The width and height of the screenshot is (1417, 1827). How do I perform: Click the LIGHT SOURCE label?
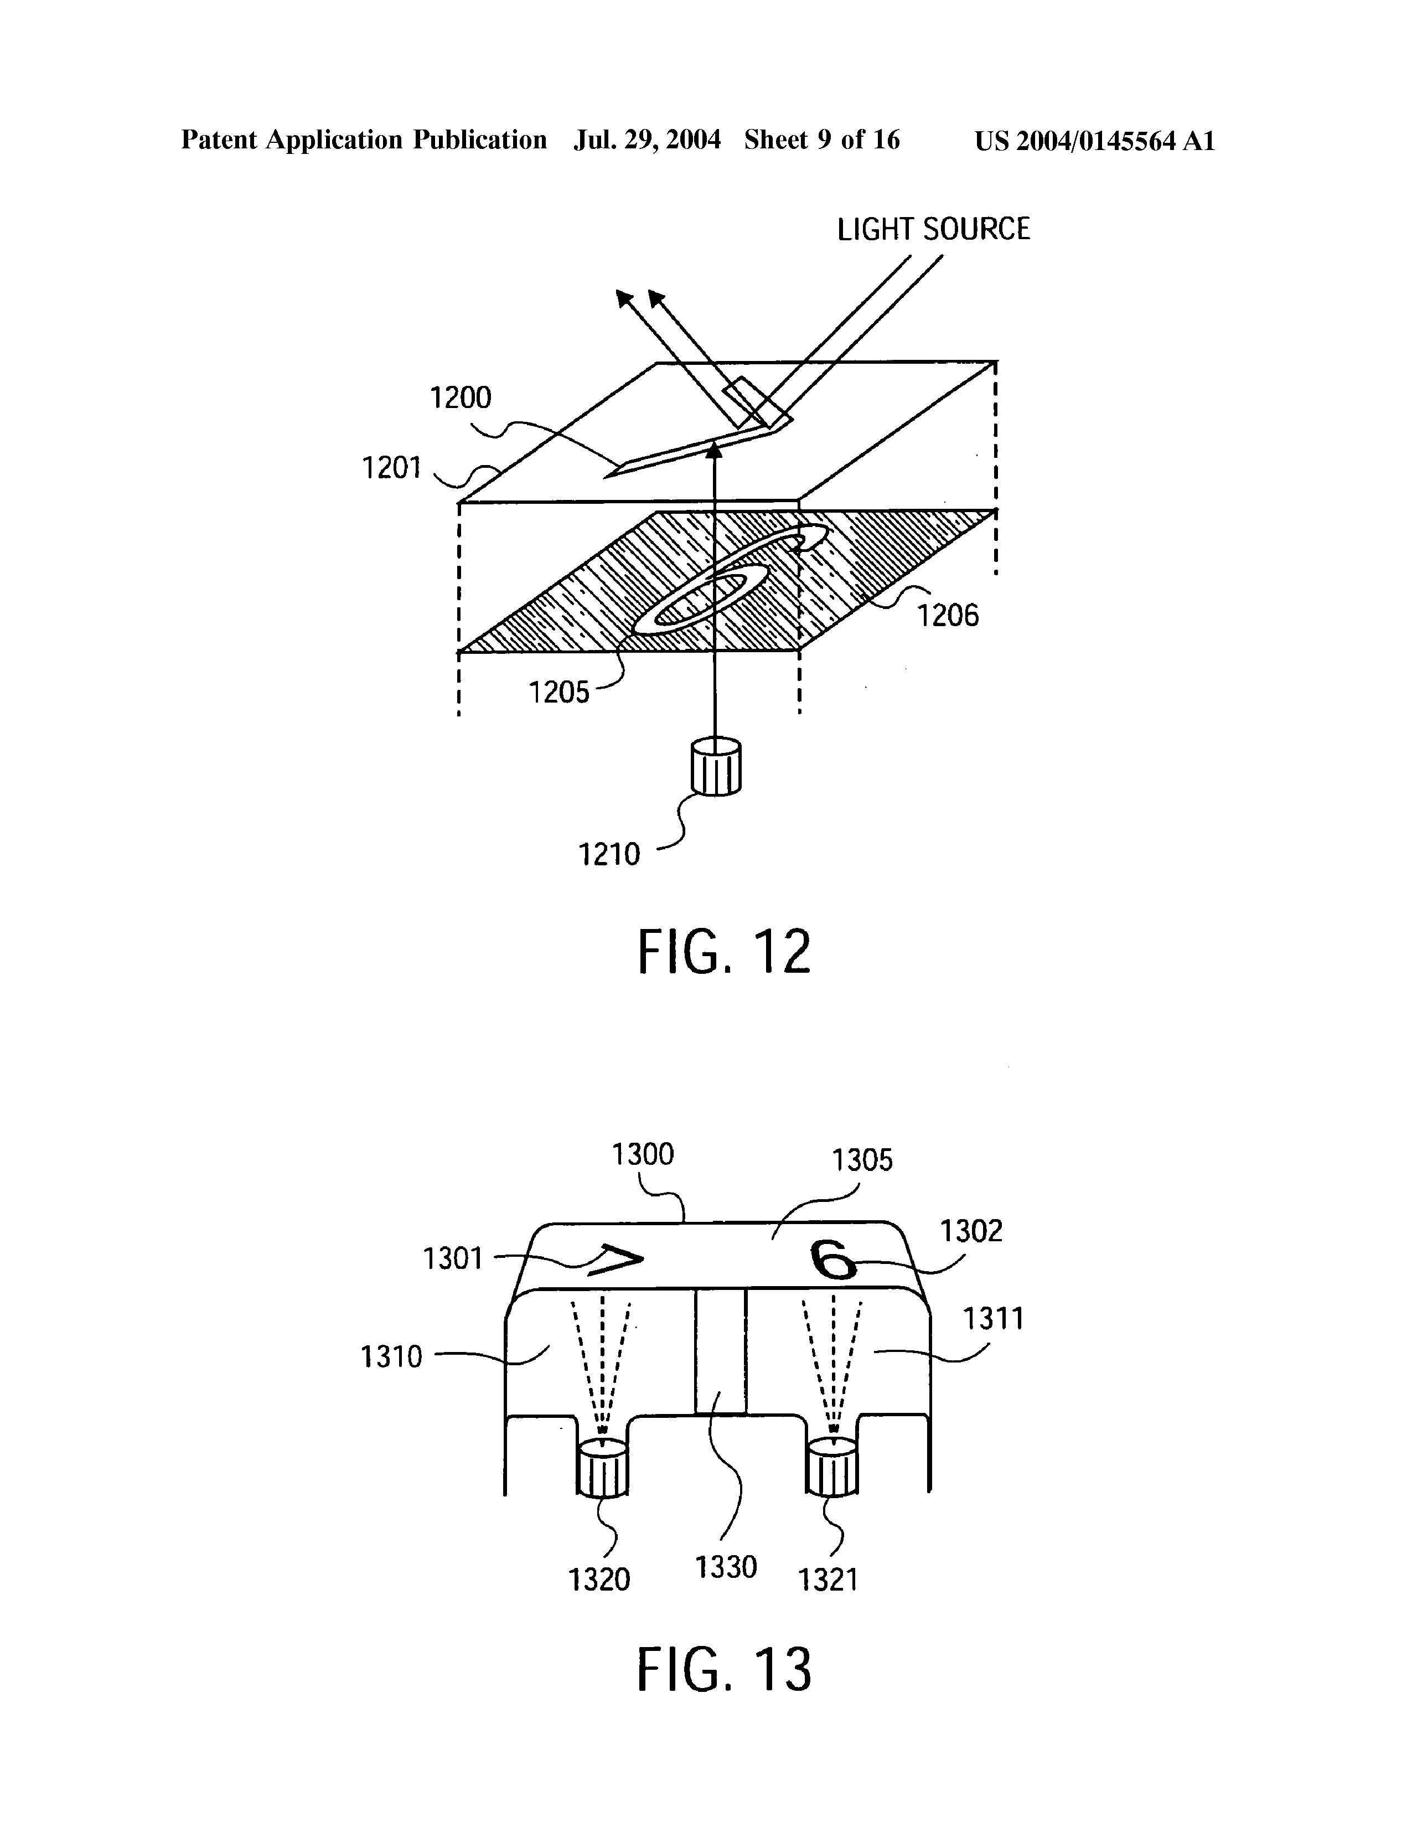tap(934, 229)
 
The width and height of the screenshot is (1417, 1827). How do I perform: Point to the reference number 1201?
tap(391, 468)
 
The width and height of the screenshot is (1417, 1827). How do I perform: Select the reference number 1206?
tap(948, 616)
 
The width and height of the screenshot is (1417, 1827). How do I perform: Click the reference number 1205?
tap(558, 693)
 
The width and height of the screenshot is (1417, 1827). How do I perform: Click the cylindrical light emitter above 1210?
tap(717, 766)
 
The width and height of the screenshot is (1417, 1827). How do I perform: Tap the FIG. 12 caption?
tap(725, 952)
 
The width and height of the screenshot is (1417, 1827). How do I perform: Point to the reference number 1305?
tap(862, 1160)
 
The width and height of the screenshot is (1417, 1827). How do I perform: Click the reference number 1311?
tap(993, 1319)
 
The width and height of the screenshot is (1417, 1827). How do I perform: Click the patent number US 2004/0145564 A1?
tap(1095, 141)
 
